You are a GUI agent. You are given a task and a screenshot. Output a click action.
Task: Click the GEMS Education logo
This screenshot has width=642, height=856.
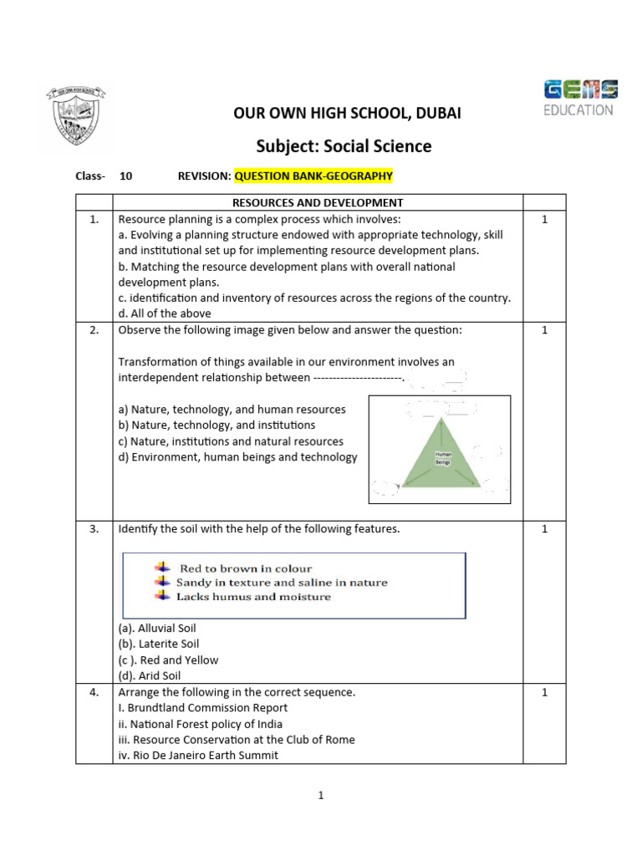tap(580, 98)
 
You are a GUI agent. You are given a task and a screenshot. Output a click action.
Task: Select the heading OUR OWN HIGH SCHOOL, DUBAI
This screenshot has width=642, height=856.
tap(347, 113)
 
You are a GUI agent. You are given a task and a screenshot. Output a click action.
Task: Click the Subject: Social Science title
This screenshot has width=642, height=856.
tap(344, 146)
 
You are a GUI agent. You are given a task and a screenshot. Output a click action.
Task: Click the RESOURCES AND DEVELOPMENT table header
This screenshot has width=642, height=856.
tap(318, 202)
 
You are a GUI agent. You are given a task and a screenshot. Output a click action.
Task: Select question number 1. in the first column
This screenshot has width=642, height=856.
tap(94, 219)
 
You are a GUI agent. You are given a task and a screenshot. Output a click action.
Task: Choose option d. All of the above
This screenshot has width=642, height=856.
tap(165, 313)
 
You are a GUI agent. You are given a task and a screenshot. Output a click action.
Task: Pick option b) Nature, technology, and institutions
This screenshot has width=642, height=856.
tap(217, 425)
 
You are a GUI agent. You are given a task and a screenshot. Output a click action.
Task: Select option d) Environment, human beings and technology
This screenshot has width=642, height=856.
tap(237, 457)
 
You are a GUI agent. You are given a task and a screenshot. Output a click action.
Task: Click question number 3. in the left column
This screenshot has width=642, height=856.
tap(94, 529)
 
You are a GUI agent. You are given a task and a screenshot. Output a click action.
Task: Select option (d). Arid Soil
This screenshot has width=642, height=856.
tap(150, 675)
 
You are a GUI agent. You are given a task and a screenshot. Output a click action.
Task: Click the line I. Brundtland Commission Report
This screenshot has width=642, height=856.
tap(203, 708)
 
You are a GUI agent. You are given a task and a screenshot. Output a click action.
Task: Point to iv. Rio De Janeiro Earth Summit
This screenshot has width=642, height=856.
tap(198, 755)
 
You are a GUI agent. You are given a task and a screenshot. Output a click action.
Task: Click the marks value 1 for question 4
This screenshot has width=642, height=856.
tap(544, 692)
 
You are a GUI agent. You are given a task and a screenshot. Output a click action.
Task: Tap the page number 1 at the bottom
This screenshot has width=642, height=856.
tap(321, 796)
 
